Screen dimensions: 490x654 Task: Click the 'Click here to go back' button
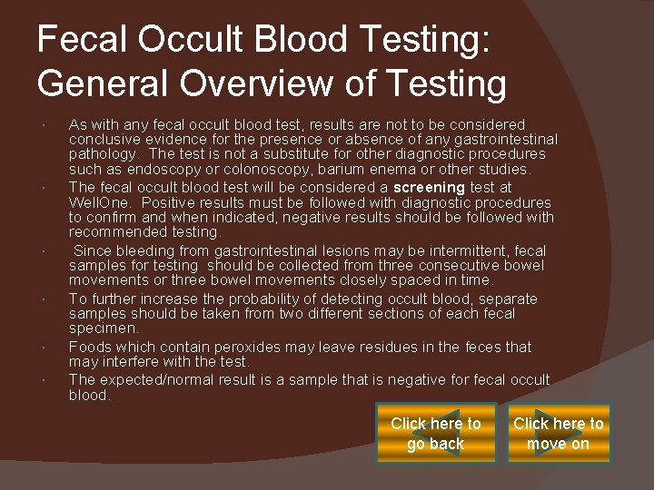(436, 434)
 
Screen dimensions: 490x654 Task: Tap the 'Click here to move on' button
(559, 434)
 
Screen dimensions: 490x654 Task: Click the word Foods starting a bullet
(90, 347)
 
